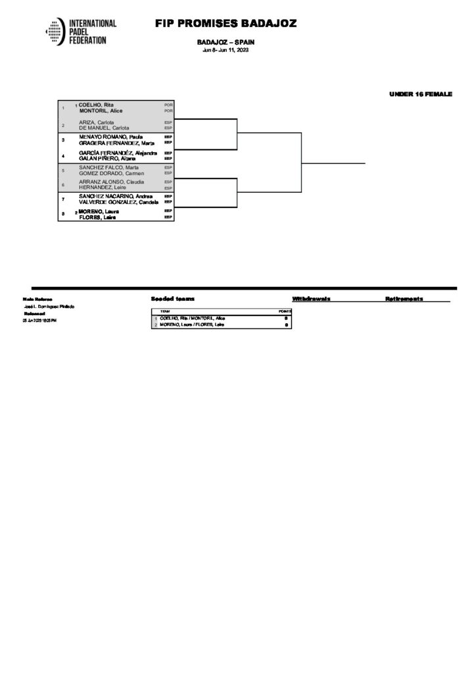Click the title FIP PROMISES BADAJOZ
pos(226,24)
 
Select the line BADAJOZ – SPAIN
pos(226,42)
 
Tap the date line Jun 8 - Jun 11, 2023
pos(226,51)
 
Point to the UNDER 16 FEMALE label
pos(421,95)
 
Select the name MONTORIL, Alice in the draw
pos(101,111)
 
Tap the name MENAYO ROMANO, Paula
pos(107,136)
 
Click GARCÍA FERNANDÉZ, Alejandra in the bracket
pos(118,153)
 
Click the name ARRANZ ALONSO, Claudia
pos(112,182)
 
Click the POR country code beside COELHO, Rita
pos(168,105)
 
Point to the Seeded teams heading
pos(172,299)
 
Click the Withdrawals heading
pos(311,299)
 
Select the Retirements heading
pos(404,299)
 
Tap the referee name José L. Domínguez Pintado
pos(49,307)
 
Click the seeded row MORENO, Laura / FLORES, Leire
pos(192,324)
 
